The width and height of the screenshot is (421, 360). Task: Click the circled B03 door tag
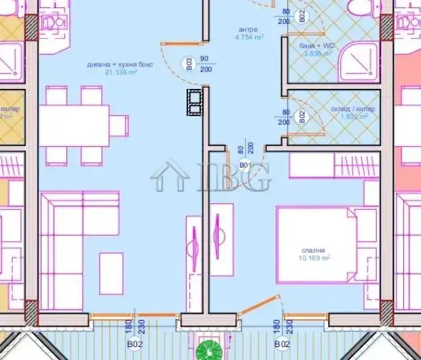point(189,65)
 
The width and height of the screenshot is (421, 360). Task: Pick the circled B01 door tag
point(245,165)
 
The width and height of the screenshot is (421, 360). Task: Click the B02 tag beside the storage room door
point(302,117)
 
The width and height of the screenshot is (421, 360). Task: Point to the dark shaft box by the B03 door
point(195,102)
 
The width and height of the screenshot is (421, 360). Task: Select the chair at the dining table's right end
point(120,126)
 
